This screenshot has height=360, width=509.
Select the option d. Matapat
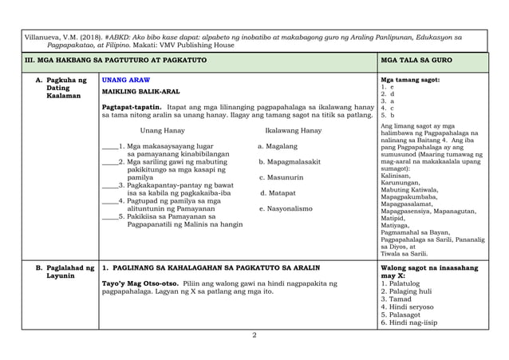(x=278, y=192)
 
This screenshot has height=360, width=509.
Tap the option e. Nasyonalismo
(x=286, y=208)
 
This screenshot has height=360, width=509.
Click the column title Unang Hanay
(x=162, y=130)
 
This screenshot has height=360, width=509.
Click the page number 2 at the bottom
(x=254, y=334)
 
